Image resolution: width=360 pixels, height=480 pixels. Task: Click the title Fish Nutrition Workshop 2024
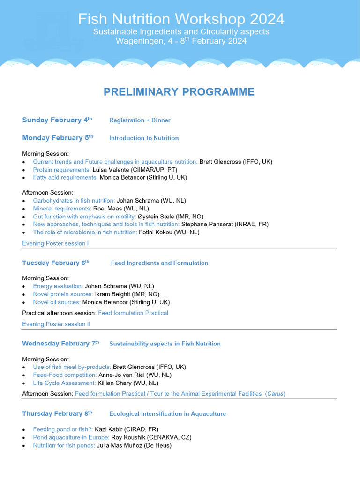tap(181, 19)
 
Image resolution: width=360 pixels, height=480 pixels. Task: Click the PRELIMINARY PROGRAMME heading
tap(179, 92)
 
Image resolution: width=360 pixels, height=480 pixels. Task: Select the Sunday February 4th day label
tap(57, 120)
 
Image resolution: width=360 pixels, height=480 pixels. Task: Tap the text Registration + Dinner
tap(140, 120)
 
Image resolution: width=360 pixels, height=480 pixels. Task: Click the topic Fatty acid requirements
tap(65, 178)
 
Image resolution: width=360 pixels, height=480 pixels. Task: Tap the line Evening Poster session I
tap(55, 243)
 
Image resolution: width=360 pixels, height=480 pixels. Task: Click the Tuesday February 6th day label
tap(55, 263)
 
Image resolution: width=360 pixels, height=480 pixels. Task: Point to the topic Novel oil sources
tap(57, 302)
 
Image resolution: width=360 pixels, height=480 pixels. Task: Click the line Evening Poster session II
tap(56, 324)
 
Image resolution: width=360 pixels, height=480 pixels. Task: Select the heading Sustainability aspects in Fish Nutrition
tap(165, 344)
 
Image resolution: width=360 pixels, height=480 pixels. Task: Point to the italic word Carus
tap(275, 394)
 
